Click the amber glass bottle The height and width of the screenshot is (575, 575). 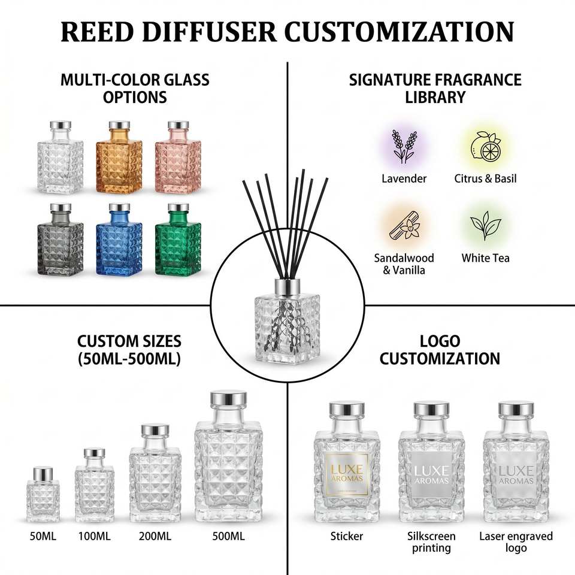119,157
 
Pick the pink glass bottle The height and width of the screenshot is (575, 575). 178,157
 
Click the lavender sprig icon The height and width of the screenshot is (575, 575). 404,146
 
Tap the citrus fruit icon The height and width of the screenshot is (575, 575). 486,146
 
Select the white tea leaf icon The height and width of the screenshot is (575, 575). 486,225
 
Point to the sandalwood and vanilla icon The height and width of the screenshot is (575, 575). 405,225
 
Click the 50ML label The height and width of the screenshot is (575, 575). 43,536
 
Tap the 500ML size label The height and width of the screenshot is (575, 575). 228,536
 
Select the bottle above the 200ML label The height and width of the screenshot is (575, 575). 155,473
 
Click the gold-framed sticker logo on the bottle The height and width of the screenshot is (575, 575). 347,474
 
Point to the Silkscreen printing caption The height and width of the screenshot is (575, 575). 431,542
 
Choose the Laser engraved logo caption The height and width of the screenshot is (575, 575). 516,542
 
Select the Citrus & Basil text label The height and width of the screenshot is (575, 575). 485,178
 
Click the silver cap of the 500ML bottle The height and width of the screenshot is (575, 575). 228,399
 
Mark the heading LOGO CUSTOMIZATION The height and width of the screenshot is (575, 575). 440,350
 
